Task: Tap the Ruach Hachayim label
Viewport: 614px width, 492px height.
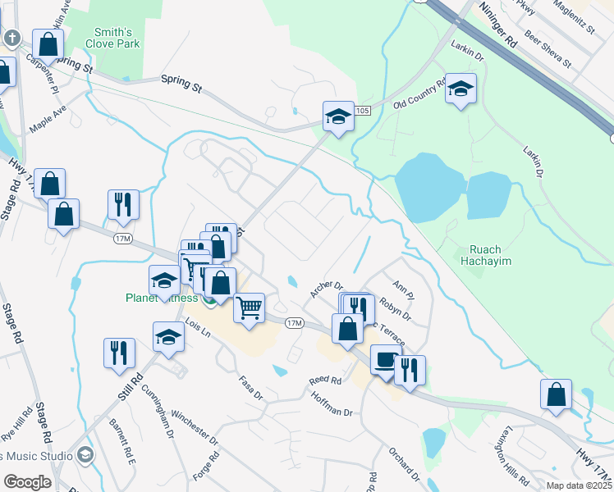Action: (x=492, y=257)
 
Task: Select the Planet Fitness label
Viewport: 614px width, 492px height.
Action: (x=162, y=297)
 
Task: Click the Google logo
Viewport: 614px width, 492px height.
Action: (x=26, y=481)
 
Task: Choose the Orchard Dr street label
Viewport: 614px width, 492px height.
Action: (x=405, y=465)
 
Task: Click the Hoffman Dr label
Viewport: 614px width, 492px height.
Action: (x=332, y=403)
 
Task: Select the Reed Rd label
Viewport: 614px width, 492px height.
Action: (x=325, y=380)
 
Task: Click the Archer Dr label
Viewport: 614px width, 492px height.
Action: (x=326, y=287)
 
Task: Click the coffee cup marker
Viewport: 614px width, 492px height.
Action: (x=385, y=358)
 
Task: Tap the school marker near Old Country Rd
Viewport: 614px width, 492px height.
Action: (x=460, y=88)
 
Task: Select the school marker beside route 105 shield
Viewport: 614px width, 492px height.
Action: (x=337, y=116)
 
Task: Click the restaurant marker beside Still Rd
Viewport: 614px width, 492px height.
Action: (x=119, y=352)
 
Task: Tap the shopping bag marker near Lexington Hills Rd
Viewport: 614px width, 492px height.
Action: (x=556, y=393)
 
